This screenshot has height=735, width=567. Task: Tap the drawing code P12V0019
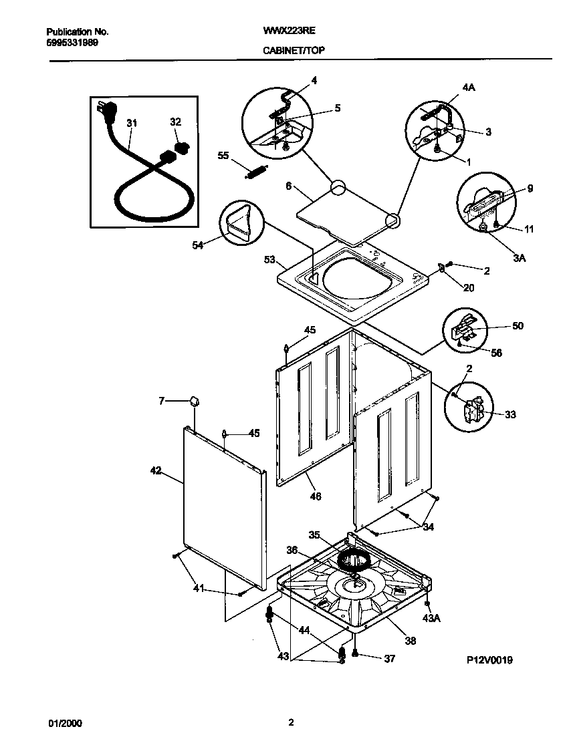pos(489,659)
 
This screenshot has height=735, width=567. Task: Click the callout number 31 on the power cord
pos(132,123)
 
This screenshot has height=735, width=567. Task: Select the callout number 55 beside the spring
pos(224,155)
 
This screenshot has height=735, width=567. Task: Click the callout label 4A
pos(469,87)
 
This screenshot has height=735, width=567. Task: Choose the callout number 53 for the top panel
pos(270,259)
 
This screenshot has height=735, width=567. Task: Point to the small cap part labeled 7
pos(195,402)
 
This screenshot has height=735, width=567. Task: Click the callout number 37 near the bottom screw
pos(389,659)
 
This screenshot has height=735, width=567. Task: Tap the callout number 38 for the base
pos(410,641)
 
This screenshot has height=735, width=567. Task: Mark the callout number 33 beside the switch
pos(510,414)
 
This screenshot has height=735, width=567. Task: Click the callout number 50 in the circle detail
pos(518,326)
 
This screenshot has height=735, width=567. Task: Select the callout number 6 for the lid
pos(290,188)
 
